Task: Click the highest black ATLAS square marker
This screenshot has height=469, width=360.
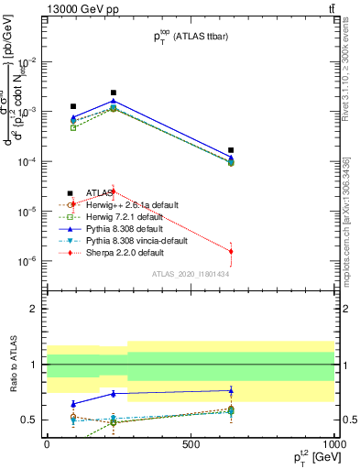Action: pyautogui.click(x=114, y=93)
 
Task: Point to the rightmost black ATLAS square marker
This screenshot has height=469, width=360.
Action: pyautogui.click(x=231, y=149)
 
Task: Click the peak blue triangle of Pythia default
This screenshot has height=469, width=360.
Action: pyautogui.click(x=114, y=101)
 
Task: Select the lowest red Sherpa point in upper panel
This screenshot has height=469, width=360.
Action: pyautogui.click(x=231, y=251)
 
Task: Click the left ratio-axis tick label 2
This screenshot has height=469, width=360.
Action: pyautogui.click(x=33, y=309)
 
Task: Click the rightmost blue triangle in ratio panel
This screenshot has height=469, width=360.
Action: pyautogui.click(x=231, y=390)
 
